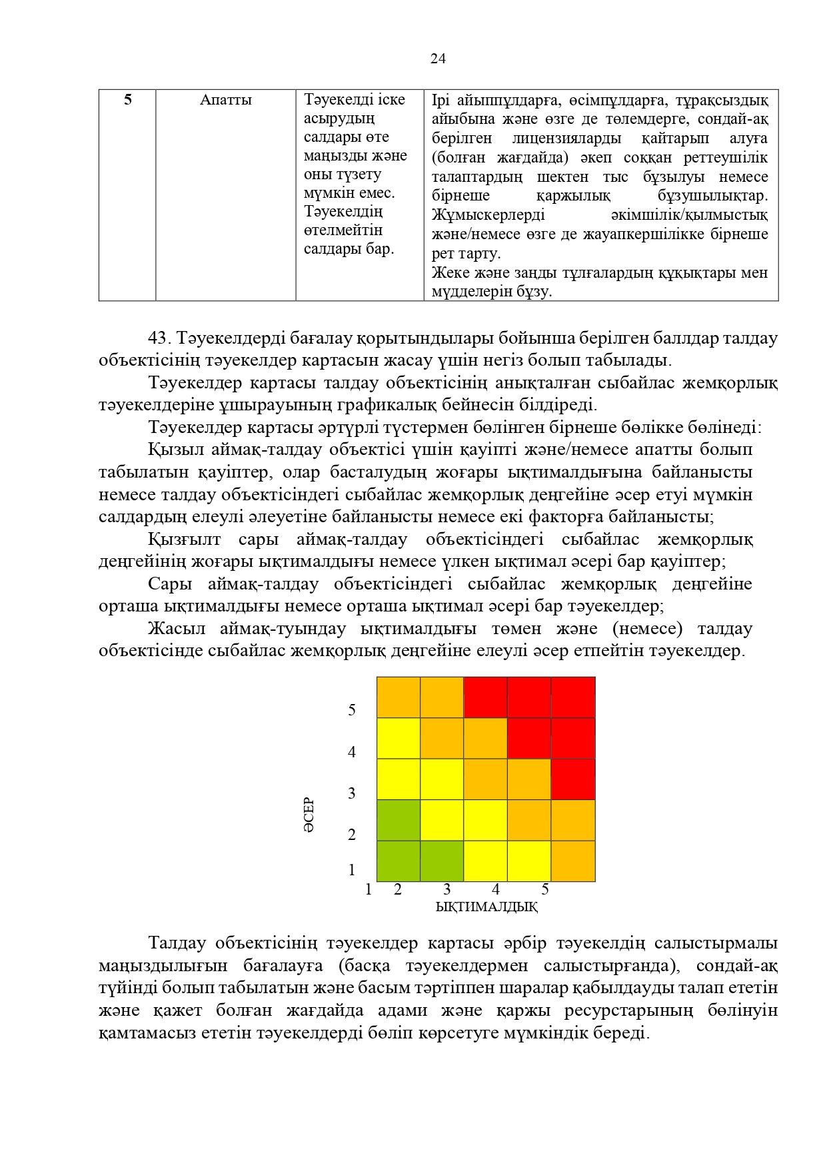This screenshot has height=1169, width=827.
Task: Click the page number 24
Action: [x=438, y=59]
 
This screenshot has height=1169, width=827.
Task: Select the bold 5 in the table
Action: [x=127, y=100]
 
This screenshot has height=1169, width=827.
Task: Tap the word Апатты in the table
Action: [x=226, y=100]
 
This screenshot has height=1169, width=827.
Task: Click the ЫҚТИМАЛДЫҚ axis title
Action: [x=486, y=907]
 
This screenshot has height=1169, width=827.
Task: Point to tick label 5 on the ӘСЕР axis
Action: [x=352, y=710]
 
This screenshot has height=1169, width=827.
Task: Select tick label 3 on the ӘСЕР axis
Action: [x=352, y=793]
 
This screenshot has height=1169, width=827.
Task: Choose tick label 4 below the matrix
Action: [x=496, y=890]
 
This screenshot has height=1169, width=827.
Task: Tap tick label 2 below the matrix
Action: [x=398, y=890]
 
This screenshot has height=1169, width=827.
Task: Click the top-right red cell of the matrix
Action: [x=573, y=697]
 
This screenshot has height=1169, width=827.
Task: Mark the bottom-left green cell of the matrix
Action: [x=399, y=861]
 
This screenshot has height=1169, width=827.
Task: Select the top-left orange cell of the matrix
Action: [x=399, y=697]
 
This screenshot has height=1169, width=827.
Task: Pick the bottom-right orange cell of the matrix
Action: [x=573, y=861]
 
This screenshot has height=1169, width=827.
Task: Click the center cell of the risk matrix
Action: [x=486, y=779]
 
